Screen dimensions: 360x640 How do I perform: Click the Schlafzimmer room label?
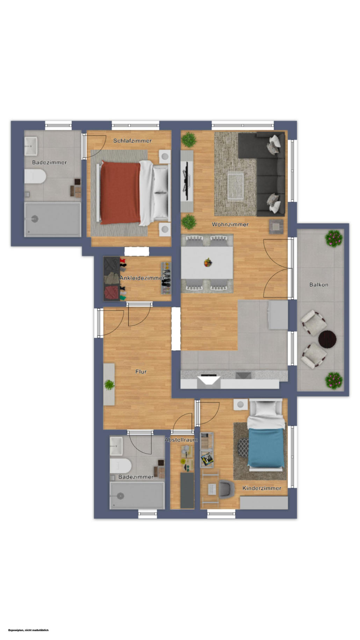(x=132, y=141)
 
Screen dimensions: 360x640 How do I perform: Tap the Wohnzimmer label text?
(x=230, y=224)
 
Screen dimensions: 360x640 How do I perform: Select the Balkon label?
(x=319, y=285)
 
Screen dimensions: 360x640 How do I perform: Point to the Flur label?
(x=141, y=372)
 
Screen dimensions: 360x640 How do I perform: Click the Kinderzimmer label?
(x=262, y=488)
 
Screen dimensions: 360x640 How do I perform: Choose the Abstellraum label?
(x=181, y=440)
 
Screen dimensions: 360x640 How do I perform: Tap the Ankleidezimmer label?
(x=142, y=278)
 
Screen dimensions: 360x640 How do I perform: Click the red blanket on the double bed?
(x=120, y=193)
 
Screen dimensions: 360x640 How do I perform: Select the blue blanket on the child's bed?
(x=266, y=448)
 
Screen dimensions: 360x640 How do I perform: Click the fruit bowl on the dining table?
(x=208, y=262)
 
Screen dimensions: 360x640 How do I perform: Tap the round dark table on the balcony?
(x=327, y=339)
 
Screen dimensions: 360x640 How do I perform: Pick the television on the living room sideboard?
(x=187, y=181)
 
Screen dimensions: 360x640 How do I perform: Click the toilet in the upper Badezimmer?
(x=35, y=177)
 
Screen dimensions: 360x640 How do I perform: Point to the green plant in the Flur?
(x=109, y=384)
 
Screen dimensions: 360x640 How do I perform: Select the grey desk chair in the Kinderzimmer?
(x=226, y=488)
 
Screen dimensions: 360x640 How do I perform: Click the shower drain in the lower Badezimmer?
(x=121, y=496)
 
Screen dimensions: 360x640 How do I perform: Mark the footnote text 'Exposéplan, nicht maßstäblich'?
(x=29, y=630)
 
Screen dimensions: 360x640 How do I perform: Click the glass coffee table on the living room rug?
(x=236, y=187)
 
